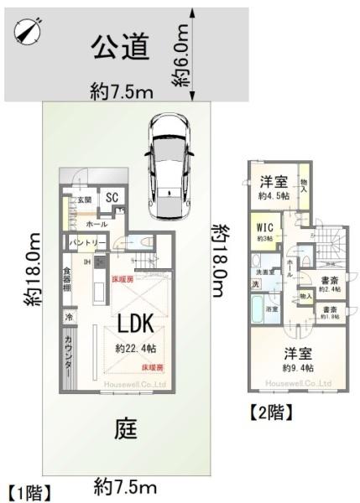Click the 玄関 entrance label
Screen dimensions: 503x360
85,200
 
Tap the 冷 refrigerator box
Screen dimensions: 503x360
68,319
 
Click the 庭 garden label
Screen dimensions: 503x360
125,431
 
